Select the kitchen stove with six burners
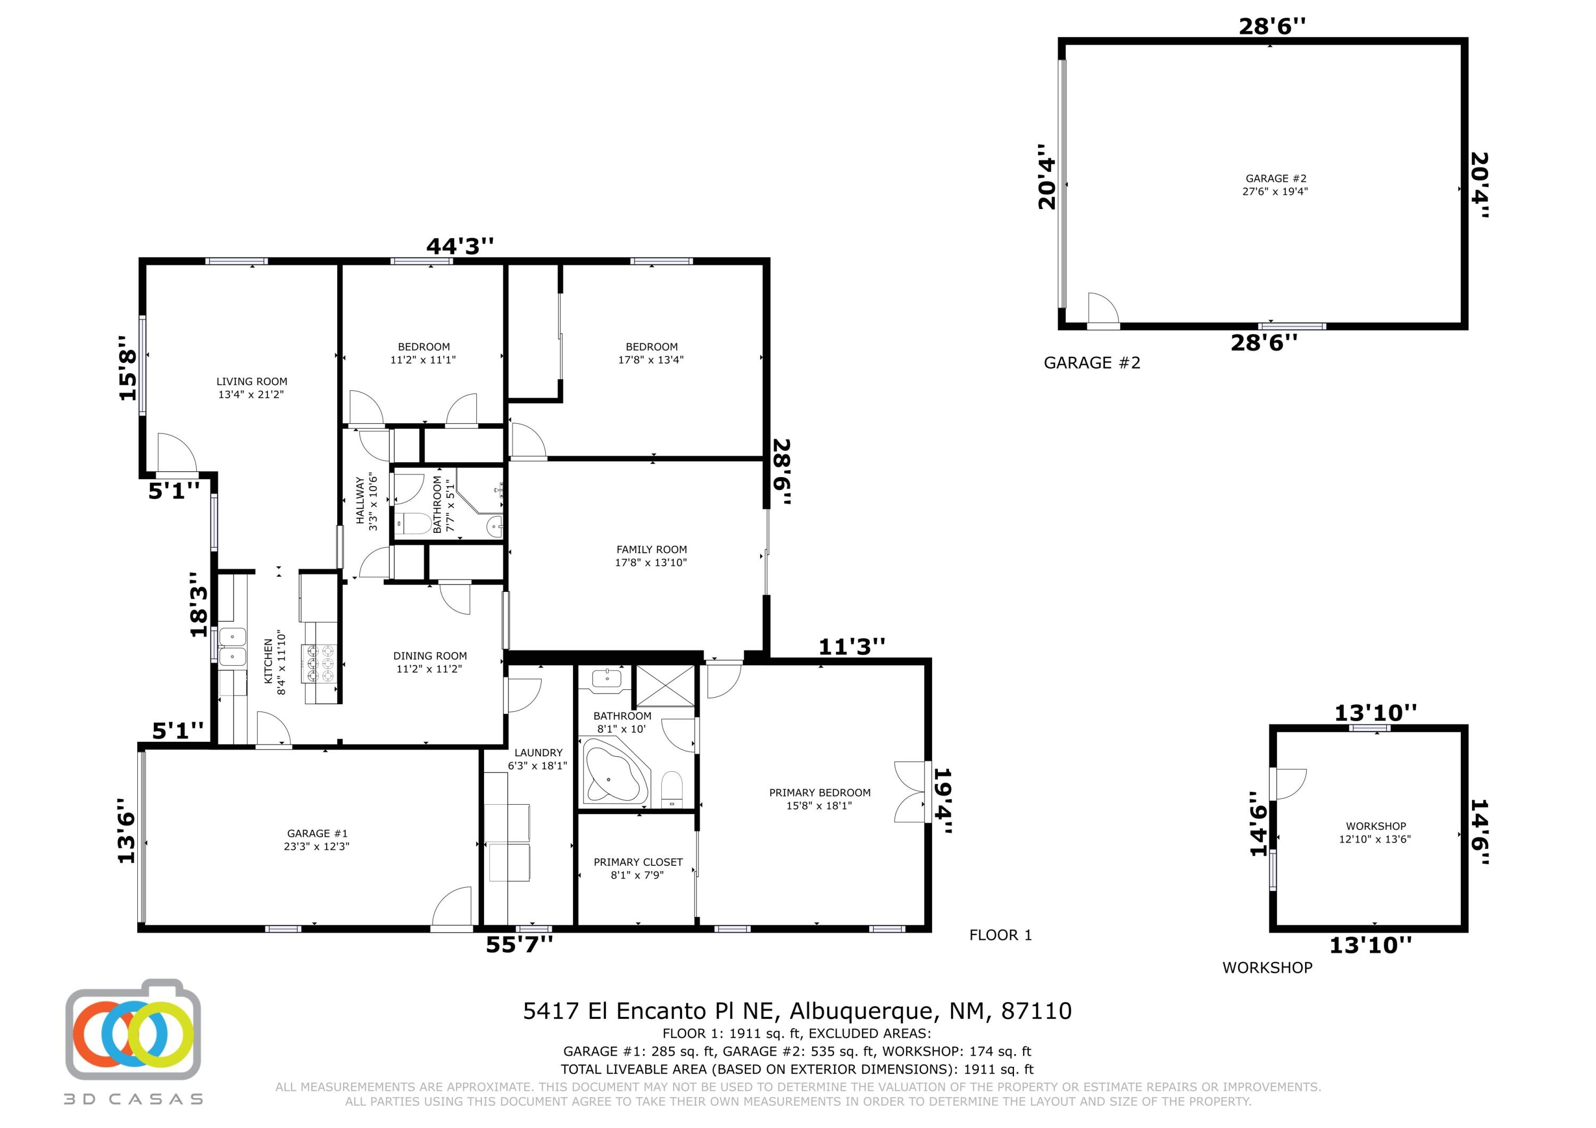[x=318, y=663]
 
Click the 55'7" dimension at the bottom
[x=519, y=945]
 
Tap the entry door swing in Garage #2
[x=1102, y=308]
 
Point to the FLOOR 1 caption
[x=1000, y=935]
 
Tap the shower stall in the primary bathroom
[x=665, y=686]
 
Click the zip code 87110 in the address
[x=1036, y=1010]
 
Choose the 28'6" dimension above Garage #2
[x=1271, y=27]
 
